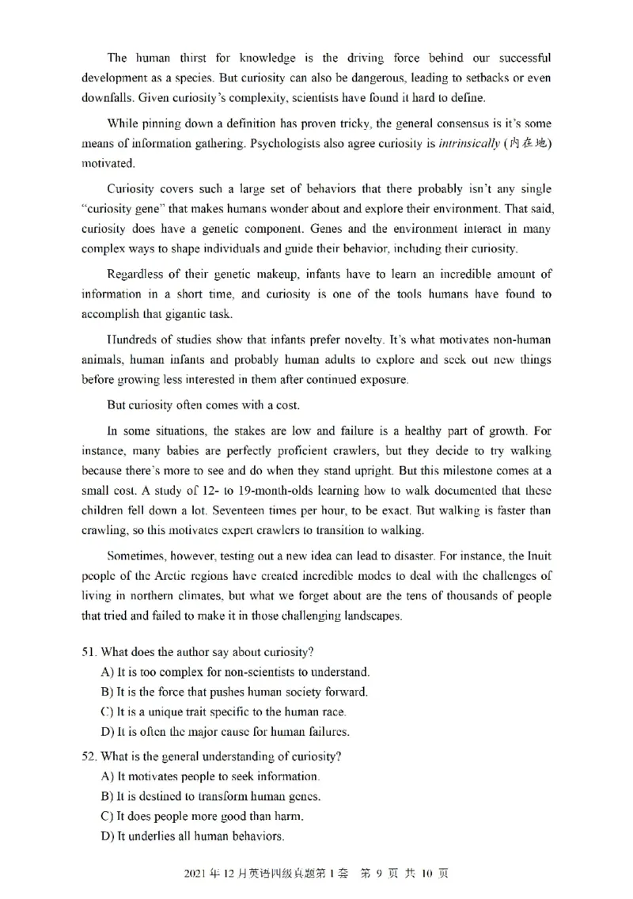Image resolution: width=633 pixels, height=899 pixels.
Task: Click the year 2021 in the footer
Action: pos(195,874)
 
